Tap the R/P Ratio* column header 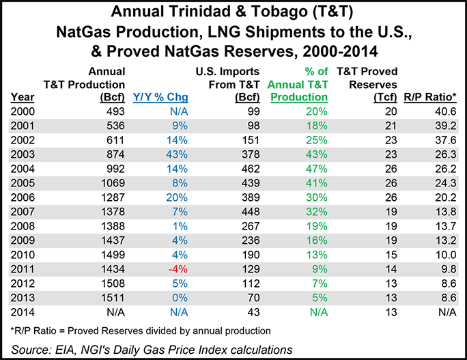pos(431,97)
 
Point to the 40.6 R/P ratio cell pos(442,111)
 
